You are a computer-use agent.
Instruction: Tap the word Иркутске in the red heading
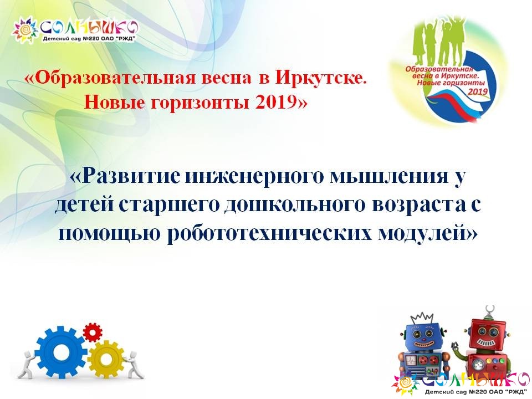click(x=321, y=78)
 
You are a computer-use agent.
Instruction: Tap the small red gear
click(x=93, y=332)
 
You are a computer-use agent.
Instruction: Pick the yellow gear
click(x=106, y=357)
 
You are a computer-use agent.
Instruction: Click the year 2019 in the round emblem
click(x=478, y=91)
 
